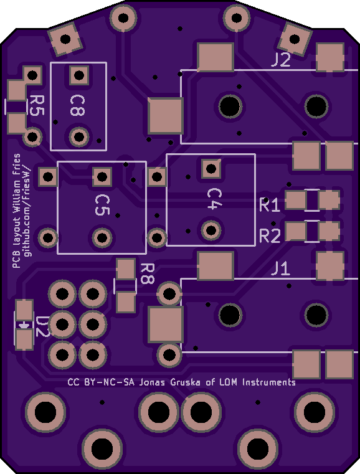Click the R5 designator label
(x=37, y=105)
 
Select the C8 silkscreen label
(x=77, y=105)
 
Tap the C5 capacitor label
(x=102, y=205)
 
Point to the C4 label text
(x=214, y=199)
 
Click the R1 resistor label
(x=270, y=206)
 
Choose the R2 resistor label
(x=270, y=236)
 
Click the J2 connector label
(x=281, y=59)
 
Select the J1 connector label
(x=280, y=268)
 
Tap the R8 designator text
(x=148, y=273)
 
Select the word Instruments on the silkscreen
(x=269, y=382)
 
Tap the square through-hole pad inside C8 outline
(x=79, y=75)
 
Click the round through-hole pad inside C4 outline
(x=211, y=230)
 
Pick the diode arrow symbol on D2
(x=24, y=325)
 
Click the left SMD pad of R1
(x=296, y=200)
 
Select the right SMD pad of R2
(x=329, y=231)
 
